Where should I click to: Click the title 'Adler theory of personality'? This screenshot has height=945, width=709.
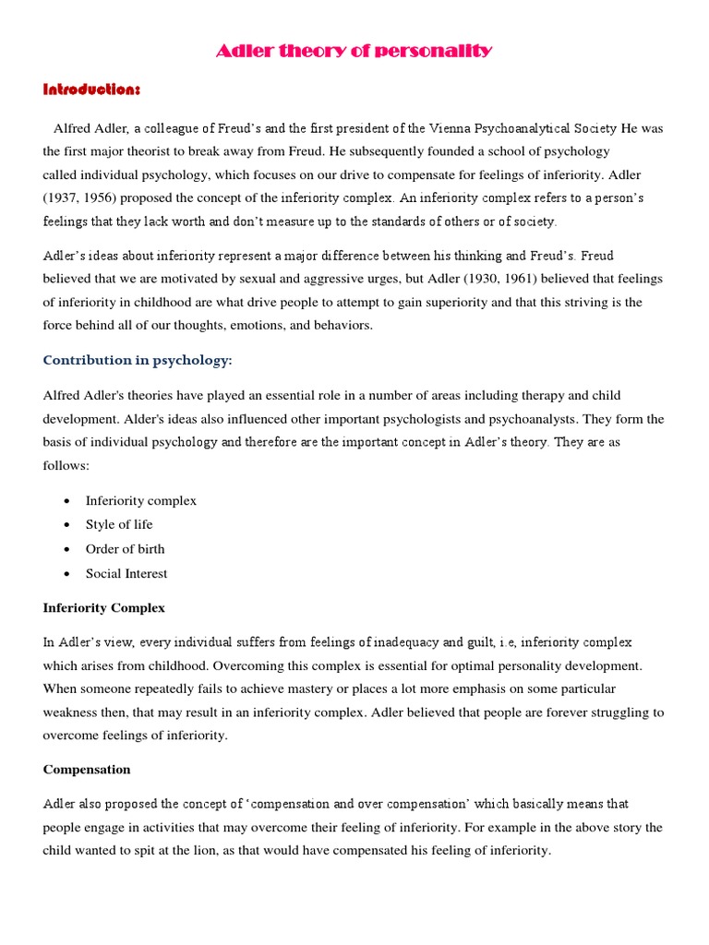click(354, 51)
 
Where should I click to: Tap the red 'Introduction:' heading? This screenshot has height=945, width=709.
click(91, 89)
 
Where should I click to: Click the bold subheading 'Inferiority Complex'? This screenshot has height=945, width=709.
click(104, 608)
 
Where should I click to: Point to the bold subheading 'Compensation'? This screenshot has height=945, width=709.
click(87, 769)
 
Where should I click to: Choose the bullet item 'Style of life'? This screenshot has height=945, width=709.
click(120, 524)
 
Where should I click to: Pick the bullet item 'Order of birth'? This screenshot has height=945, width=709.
click(125, 549)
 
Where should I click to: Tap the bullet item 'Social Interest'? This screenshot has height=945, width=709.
click(126, 573)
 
